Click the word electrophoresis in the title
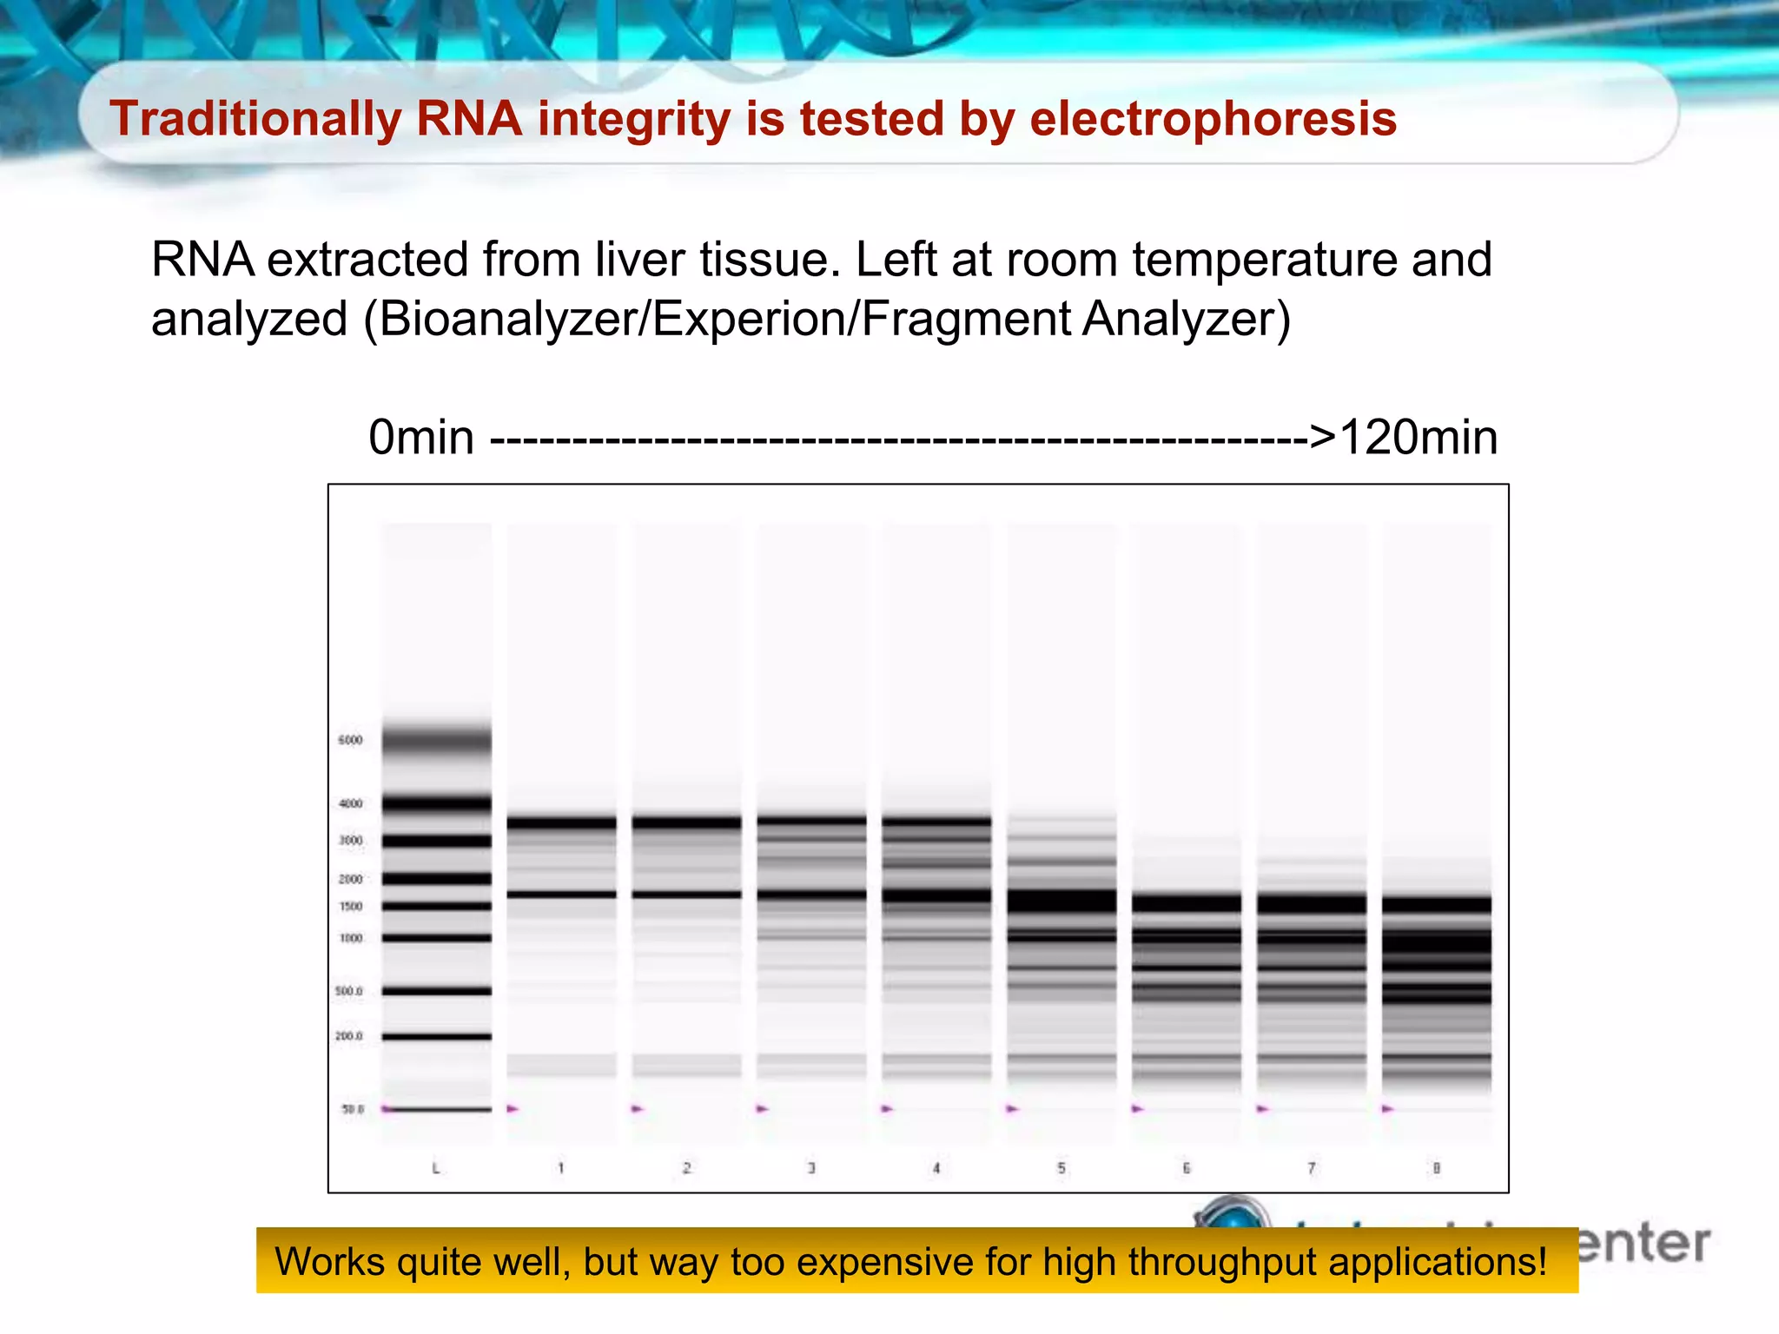1213,119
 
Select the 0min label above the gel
421,437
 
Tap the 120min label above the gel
1418,437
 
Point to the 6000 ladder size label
350,740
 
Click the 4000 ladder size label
350,803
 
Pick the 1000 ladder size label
350,938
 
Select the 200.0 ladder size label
349,1036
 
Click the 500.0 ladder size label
349,991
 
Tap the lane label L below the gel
436,1168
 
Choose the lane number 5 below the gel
1061,1168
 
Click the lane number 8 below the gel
1436,1168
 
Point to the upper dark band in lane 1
561,822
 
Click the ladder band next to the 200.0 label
436,1036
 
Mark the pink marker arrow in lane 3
763,1108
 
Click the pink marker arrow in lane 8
1387,1108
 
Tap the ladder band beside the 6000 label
436,740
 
